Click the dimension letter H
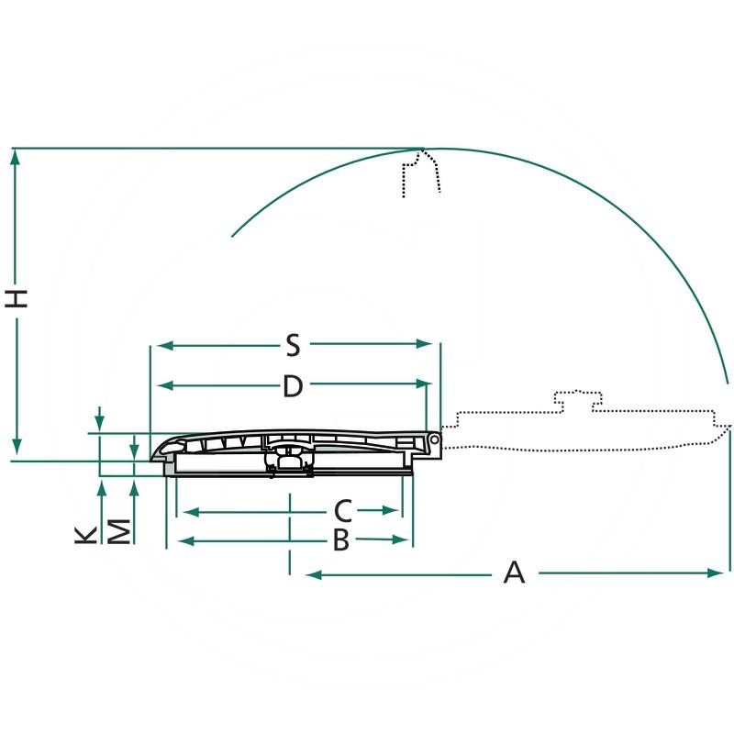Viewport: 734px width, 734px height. (x=17, y=299)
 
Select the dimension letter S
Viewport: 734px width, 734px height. (x=293, y=345)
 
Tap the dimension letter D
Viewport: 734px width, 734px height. (x=293, y=386)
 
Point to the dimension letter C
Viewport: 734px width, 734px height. (x=342, y=511)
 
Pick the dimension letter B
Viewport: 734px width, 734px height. (x=341, y=539)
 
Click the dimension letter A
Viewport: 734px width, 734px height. (x=514, y=572)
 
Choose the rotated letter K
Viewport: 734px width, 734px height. (x=85, y=535)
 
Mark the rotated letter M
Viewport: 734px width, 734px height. (x=119, y=531)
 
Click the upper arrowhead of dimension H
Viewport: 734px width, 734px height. (x=16, y=158)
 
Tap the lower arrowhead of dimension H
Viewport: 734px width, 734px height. (x=17, y=446)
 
